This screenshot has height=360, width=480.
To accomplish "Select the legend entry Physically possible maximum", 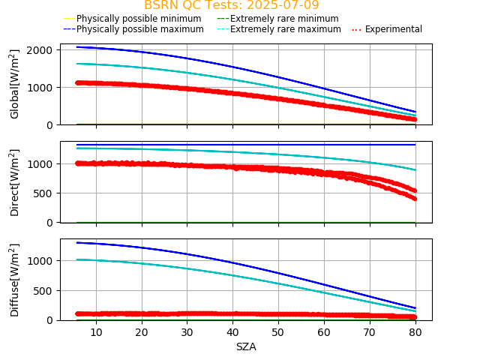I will [x=139, y=29].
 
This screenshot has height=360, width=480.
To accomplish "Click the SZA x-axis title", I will [x=246, y=346].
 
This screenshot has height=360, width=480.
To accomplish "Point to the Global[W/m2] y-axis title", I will [x=15, y=84].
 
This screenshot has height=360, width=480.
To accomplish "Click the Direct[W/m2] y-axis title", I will [x=15, y=181].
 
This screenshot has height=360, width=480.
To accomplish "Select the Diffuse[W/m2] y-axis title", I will [x=15, y=279].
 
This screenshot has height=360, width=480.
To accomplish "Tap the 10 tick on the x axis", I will [x=96, y=331].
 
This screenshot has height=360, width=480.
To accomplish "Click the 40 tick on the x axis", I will [x=232, y=331].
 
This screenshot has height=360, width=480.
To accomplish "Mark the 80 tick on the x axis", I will [x=415, y=331].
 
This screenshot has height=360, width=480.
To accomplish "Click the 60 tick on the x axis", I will [x=323, y=331].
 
